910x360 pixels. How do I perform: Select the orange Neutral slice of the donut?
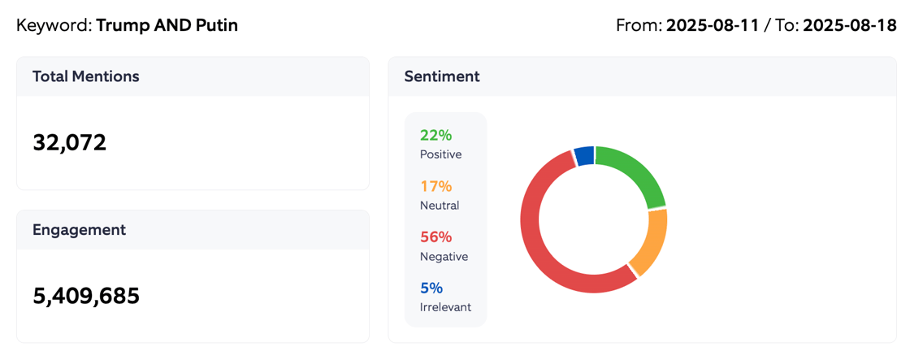click(x=650, y=244)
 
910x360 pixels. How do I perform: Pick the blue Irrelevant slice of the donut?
click(x=583, y=156)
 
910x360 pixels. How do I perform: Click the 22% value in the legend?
click(x=435, y=136)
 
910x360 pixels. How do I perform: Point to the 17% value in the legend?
click(x=435, y=186)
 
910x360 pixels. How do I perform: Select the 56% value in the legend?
click(x=435, y=237)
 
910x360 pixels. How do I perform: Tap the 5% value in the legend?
click(x=431, y=288)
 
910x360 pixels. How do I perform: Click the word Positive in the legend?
click(x=440, y=154)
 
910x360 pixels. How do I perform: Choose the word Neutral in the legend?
click(x=440, y=206)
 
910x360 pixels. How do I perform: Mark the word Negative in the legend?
click(x=444, y=256)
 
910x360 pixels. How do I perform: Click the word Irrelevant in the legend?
click(x=445, y=307)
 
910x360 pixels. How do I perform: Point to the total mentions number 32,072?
click(x=70, y=143)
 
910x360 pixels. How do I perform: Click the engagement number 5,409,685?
click(x=86, y=296)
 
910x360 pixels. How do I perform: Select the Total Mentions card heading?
click(x=86, y=76)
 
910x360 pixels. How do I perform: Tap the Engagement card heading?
click(x=79, y=230)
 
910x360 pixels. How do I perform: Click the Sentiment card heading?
click(x=442, y=76)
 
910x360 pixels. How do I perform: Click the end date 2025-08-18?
click(x=850, y=25)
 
